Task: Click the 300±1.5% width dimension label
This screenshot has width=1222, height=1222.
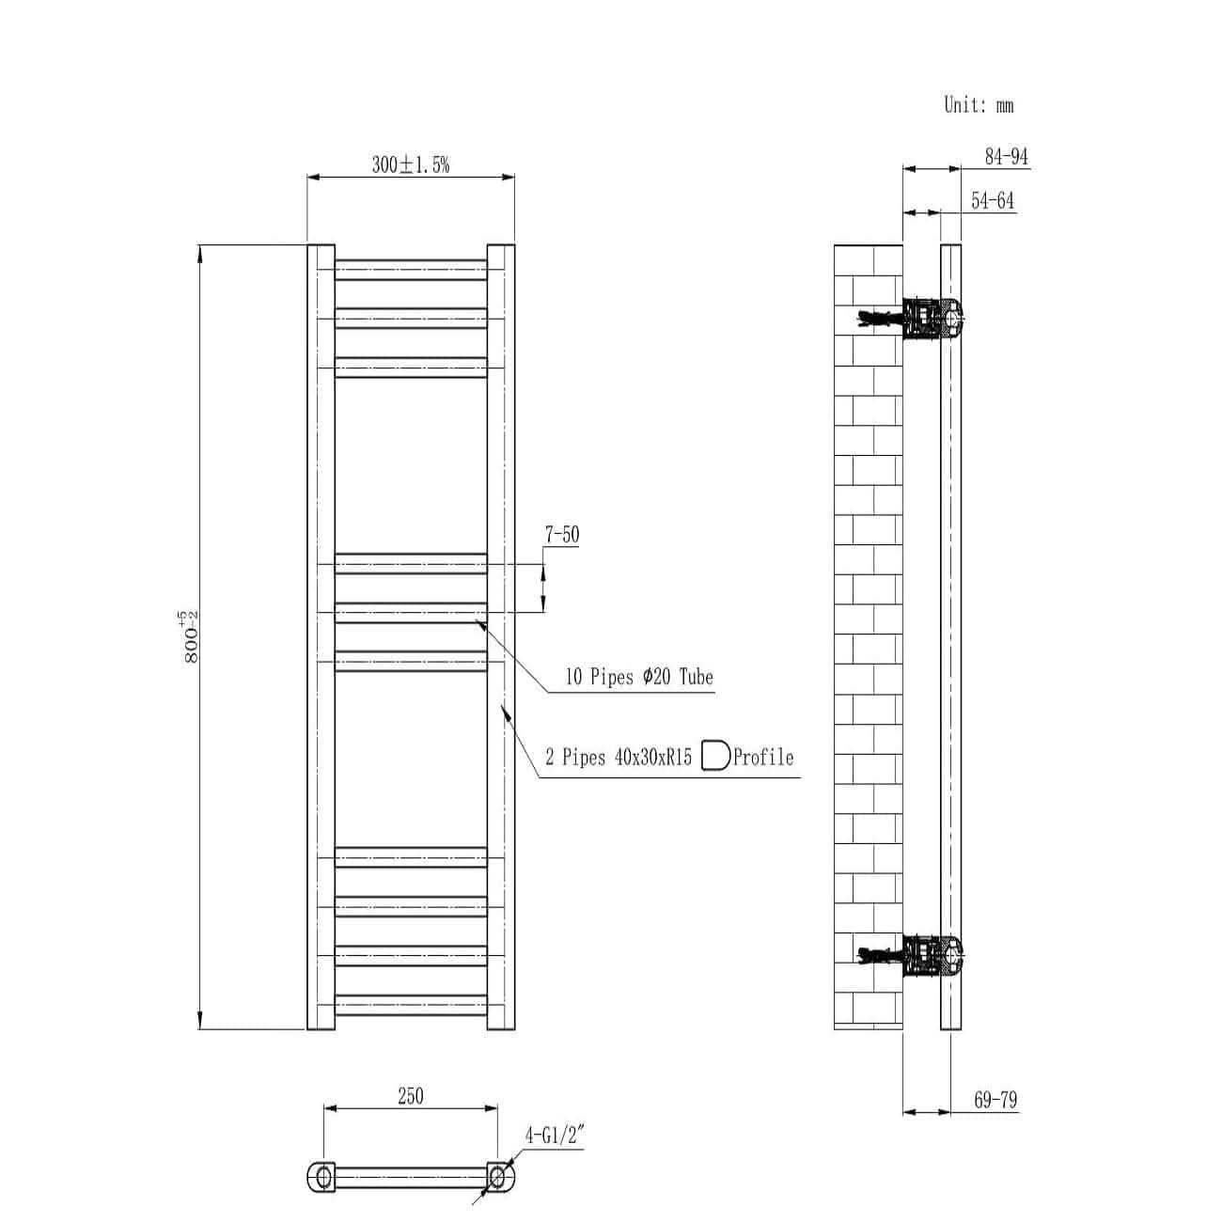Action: pyautogui.click(x=411, y=165)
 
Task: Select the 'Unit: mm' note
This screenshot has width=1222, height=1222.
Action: pyautogui.click(x=979, y=105)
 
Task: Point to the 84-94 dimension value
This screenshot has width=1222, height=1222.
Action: pyautogui.click(x=1006, y=157)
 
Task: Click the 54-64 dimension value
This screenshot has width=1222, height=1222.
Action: pyautogui.click(x=993, y=201)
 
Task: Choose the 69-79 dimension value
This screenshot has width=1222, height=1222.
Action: pyautogui.click(x=995, y=1100)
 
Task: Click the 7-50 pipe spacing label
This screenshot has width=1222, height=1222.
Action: pyautogui.click(x=561, y=535)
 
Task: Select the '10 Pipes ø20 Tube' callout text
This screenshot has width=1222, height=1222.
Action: pyautogui.click(x=639, y=677)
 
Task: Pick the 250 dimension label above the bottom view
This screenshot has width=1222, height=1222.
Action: pyautogui.click(x=410, y=1096)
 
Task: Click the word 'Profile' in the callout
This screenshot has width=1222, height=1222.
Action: pyautogui.click(x=763, y=758)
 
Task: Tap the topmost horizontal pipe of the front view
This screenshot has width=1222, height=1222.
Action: pyautogui.click(x=411, y=270)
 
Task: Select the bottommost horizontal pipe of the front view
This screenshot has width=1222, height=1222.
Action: pyautogui.click(x=411, y=1005)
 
